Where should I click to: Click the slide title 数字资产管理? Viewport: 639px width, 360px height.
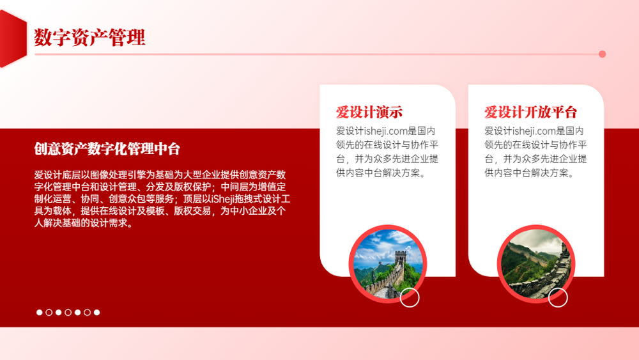(89, 38)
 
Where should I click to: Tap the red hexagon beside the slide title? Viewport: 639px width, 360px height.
(12, 39)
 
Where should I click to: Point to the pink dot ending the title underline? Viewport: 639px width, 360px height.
(602, 54)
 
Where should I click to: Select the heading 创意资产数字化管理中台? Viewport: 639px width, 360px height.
(107, 149)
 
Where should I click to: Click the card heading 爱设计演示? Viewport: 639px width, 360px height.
(369, 112)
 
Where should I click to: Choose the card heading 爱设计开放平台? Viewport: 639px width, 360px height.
(530, 112)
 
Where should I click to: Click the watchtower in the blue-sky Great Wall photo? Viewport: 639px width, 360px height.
(401, 258)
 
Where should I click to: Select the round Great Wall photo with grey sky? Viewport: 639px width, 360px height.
(536, 264)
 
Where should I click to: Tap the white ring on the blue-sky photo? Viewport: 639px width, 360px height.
(410, 297)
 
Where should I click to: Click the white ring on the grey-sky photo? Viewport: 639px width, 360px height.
(558, 297)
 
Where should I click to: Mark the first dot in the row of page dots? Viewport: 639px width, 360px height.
(40, 312)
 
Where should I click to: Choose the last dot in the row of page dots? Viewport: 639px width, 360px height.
(96, 312)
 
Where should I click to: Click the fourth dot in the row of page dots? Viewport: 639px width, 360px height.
(68, 312)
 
